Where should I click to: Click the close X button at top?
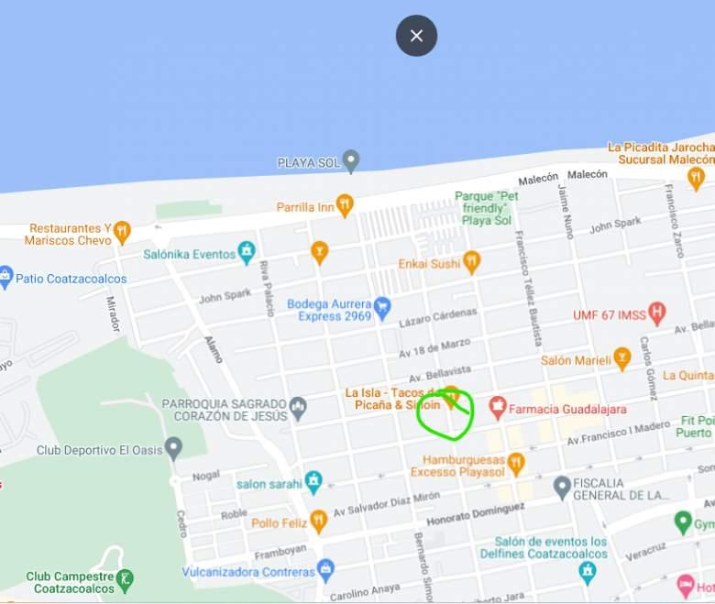pos(416,36)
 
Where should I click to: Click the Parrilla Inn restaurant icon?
pos(345,205)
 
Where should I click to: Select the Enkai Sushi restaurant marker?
pos(471,263)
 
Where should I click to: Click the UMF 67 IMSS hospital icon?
pos(656,313)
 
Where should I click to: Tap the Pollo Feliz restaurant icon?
pos(318,522)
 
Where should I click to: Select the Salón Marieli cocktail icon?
pos(622,358)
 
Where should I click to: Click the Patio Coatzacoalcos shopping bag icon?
pos(5,278)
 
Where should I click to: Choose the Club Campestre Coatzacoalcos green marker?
pos(126,579)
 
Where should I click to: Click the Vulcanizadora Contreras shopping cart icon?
pos(325,570)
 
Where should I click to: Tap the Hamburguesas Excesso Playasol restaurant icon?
pos(516,464)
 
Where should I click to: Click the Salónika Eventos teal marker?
pos(246,252)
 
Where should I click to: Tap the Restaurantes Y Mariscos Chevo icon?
pos(122,232)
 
